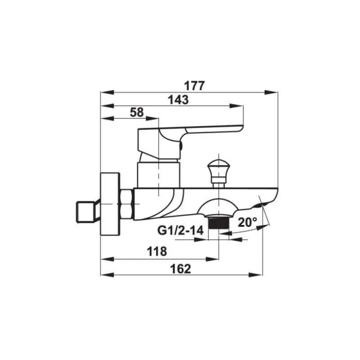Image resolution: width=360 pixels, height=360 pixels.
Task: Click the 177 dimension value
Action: click(194, 86)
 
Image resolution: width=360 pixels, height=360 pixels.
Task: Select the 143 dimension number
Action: click(178, 100)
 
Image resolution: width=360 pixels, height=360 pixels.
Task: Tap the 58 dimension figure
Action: click(137, 112)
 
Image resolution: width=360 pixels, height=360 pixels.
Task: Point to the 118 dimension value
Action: click(157, 251)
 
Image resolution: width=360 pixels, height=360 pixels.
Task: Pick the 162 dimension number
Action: click(181, 269)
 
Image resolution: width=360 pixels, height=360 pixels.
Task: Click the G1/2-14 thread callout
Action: click(181, 230)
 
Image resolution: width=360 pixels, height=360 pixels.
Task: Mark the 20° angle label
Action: click(247, 222)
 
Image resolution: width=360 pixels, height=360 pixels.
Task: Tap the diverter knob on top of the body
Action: click(218, 173)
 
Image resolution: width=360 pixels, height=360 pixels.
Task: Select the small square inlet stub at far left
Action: click(85, 212)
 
